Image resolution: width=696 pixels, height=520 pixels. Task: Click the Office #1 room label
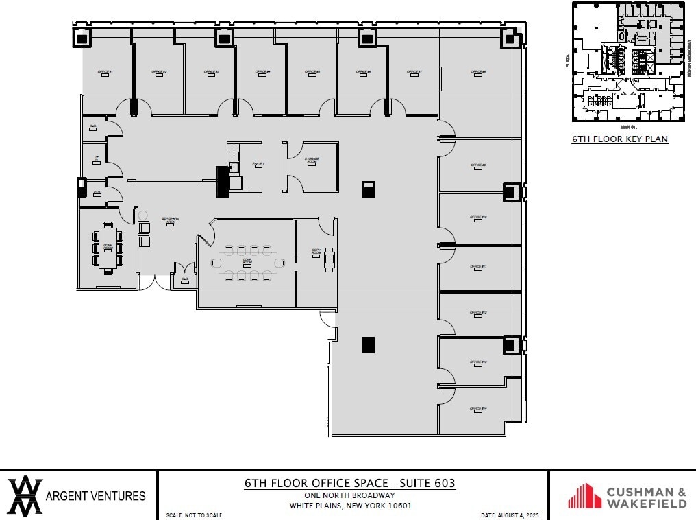[105, 72]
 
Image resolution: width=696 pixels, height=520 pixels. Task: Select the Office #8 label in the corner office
[478, 72]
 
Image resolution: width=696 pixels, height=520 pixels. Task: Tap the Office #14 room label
[478, 409]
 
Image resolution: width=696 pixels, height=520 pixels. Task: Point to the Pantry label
[258, 164]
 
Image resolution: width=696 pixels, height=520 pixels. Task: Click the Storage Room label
[312, 160]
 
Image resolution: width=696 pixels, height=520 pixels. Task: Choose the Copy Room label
[316, 252]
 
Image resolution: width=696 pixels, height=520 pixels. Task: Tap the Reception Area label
[170, 220]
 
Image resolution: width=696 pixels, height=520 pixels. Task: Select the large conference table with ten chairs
[247, 262]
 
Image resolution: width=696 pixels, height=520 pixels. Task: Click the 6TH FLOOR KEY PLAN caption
[619, 139]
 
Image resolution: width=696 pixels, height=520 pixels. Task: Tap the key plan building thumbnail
[628, 62]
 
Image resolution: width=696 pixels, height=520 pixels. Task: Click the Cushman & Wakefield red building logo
[584, 495]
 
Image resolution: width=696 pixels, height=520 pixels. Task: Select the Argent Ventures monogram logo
[25, 495]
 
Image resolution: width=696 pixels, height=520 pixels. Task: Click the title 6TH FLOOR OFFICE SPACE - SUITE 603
[349, 484]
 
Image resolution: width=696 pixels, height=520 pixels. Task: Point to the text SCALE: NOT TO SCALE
[194, 515]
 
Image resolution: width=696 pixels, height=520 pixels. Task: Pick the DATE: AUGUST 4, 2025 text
[511, 515]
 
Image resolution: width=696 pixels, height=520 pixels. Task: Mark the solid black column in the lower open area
[369, 345]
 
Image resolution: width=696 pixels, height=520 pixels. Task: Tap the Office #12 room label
[478, 313]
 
